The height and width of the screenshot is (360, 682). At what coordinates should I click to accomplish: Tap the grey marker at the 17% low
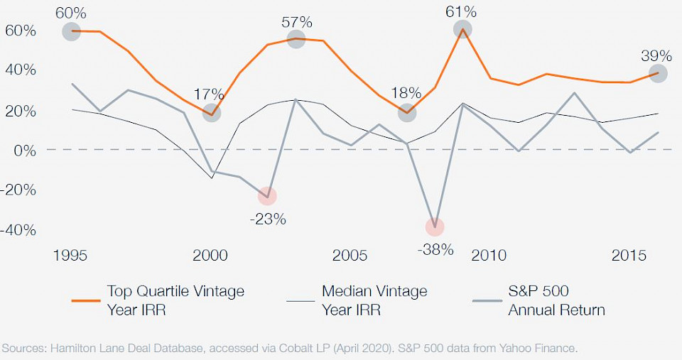click(x=211, y=113)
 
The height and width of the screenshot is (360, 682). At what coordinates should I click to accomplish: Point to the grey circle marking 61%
click(x=462, y=29)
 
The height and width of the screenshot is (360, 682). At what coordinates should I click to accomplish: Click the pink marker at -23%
click(x=266, y=196)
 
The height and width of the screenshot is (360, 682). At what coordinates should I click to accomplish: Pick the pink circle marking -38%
click(x=435, y=227)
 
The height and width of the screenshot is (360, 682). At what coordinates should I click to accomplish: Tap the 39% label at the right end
click(x=656, y=56)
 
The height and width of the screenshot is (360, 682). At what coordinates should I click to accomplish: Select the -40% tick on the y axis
click(x=18, y=230)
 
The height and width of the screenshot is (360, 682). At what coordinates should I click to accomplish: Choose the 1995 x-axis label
click(x=70, y=256)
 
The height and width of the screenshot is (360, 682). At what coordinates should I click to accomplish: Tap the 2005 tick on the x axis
click(x=350, y=256)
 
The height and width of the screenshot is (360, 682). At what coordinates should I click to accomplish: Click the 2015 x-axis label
click(x=629, y=256)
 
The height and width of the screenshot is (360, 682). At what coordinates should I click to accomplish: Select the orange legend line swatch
click(x=86, y=300)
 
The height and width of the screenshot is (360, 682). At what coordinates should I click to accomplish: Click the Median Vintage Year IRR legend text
click(x=374, y=300)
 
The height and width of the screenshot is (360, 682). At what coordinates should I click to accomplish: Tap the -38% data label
click(x=434, y=249)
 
